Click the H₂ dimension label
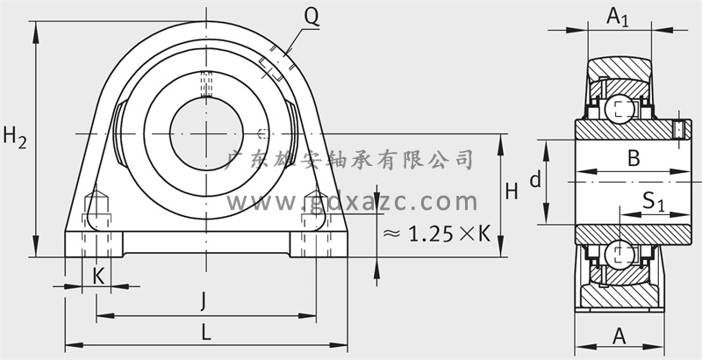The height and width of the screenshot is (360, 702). click(15, 138)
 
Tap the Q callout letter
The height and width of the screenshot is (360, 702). click(312, 17)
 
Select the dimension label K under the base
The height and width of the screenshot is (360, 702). click(98, 276)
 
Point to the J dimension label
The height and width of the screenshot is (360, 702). click(204, 301)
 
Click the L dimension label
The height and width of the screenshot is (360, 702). click(205, 333)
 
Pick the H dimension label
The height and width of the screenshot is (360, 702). click(512, 191)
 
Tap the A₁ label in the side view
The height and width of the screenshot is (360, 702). click(618, 18)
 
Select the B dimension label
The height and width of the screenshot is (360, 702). click(634, 159)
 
